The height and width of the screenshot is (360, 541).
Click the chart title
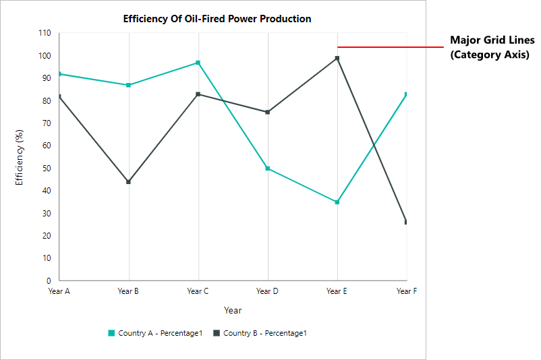pos(217,19)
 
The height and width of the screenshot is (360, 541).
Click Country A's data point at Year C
pos(198,63)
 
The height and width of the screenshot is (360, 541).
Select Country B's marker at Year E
pos(337,59)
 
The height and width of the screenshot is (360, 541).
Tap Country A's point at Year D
pos(268,169)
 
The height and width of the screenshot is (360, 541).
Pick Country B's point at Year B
pos(129,182)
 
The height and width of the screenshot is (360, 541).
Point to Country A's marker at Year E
pos(337,202)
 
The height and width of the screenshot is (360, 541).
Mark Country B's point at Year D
pos(268,112)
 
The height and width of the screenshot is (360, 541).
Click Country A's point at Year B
pos(129,85)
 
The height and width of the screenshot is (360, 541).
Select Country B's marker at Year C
pos(198,94)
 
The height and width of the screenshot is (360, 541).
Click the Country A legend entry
pos(155,333)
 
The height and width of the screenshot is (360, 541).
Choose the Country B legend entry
pos(260,333)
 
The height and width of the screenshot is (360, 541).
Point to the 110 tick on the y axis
pos(45,33)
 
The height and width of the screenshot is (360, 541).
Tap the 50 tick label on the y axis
pos(47,169)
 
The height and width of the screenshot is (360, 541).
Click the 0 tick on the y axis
pos(49,280)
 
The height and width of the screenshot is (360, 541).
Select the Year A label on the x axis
pos(59,291)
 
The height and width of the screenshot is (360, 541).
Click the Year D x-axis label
pos(268,291)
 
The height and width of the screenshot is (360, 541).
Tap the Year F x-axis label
pos(407,291)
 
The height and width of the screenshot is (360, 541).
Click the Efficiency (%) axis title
pos(20,156)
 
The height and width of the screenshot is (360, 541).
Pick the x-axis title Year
pos(233,311)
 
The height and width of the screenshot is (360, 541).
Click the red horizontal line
pos(390,47)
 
